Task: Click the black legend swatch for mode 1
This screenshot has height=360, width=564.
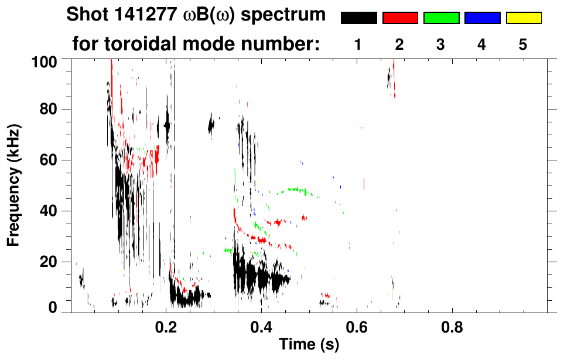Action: click(358, 18)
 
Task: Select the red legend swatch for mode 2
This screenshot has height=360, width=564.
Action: click(400, 18)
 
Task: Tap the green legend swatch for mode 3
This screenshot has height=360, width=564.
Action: click(441, 18)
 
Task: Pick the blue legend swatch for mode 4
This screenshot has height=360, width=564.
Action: click(482, 18)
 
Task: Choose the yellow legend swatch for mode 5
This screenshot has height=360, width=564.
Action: click(524, 18)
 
